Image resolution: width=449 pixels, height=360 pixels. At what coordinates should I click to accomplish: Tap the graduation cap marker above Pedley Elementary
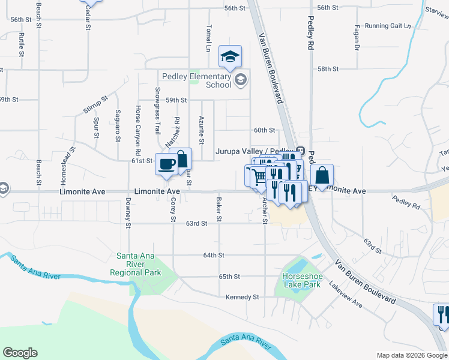pos(230,57)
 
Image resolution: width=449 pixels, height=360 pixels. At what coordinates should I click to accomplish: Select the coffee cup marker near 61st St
pos(166,164)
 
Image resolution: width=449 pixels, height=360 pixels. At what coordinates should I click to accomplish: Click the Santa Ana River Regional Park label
pos(136,264)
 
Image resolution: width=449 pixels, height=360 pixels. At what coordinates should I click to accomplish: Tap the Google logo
pos(20,353)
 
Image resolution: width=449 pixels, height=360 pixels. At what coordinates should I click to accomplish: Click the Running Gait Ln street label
pos(388,26)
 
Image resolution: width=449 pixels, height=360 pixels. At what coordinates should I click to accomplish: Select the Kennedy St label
pos(242,297)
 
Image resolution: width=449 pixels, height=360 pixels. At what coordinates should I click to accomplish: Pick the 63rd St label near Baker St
pos(196,223)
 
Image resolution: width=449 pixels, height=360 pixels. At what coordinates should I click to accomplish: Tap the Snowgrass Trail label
pos(157,110)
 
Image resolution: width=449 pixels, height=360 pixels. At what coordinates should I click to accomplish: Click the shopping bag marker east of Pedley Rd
pos(322,176)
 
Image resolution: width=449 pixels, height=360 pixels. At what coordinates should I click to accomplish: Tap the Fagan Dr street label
pos(357,37)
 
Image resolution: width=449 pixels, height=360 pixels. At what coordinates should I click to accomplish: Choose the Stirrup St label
pos(95,104)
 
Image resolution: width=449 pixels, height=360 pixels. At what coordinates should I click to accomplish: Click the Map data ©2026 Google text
pos(412,355)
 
